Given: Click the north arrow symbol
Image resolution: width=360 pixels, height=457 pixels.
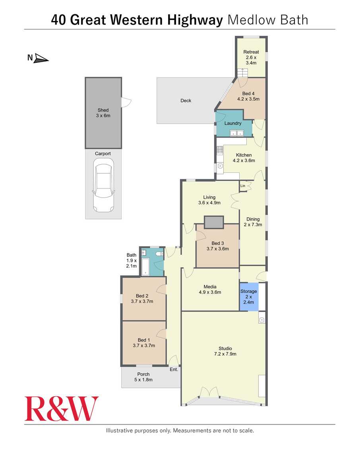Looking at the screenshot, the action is coord(41,58).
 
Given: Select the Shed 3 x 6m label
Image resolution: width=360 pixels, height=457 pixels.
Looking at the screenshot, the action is coord(103,113).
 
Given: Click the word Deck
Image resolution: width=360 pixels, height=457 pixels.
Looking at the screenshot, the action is coord(186,101).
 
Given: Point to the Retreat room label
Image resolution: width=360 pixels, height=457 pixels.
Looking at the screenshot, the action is coord(251,57).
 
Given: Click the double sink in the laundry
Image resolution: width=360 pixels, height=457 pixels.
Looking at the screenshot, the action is coord(236,134).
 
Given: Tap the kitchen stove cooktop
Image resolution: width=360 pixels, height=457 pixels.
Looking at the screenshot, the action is coord(219,150).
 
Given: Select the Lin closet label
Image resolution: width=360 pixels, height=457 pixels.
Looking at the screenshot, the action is coord(243,186).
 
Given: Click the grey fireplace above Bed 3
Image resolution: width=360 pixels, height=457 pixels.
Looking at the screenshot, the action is coord(214,222).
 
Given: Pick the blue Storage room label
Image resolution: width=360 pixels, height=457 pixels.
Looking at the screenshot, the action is coord(249,297).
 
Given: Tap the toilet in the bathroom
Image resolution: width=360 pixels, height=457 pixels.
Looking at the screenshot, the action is coord(159,254).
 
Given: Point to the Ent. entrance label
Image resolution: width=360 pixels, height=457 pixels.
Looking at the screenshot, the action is coord(174,370).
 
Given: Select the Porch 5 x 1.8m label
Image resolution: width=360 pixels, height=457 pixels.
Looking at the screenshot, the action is coord(143,377).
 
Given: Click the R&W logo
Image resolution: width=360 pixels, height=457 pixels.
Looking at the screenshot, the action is coord(62,409).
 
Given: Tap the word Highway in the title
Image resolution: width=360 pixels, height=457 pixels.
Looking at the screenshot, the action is coord(195,20).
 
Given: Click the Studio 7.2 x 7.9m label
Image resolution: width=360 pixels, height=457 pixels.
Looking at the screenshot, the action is coord(225,351).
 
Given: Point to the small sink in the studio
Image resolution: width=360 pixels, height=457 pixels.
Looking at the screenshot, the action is coord(262,320).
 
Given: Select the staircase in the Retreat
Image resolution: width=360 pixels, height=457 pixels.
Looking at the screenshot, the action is coord(242,73).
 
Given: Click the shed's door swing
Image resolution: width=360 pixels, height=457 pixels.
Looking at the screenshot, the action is coord(126,102).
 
